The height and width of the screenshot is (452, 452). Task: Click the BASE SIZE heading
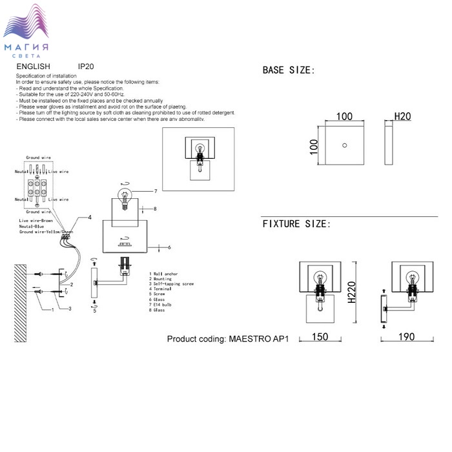[288, 70]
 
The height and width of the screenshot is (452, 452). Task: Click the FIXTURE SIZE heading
[296, 224]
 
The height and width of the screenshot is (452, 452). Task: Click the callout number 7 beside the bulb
[156, 191]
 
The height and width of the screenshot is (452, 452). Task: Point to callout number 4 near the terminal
[90, 217]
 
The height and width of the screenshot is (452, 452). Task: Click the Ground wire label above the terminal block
[38, 157]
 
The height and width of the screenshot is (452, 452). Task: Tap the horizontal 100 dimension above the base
[345, 116]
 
